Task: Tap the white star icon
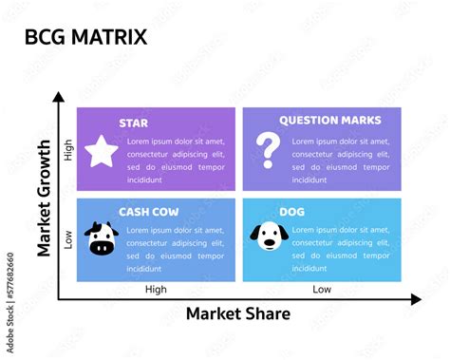coord(100,151)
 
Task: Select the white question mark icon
coord(269,149)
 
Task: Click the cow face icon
coord(101,238)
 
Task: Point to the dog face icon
coord(269,237)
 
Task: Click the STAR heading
coord(133,122)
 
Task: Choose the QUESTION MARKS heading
coord(329,121)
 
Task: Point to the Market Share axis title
coord(237,313)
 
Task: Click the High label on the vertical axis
coord(68,150)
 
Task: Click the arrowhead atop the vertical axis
coord(59,97)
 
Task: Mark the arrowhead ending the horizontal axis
coord(415,299)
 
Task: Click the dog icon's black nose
coord(269,241)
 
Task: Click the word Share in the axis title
coord(267,313)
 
